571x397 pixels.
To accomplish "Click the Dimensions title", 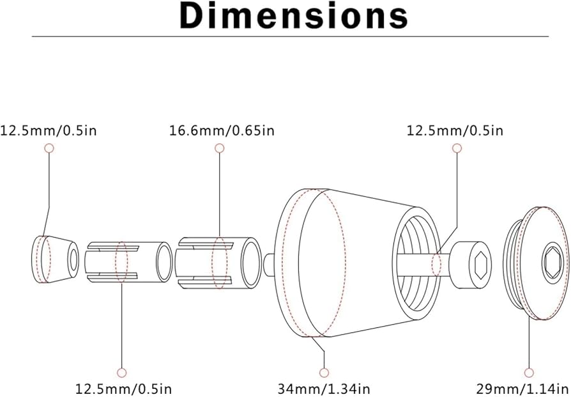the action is pyautogui.click(x=294, y=17).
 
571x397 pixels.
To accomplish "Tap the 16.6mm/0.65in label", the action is pyautogui.click(x=222, y=130).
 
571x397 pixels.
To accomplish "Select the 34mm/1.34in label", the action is pyautogui.click(x=324, y=389).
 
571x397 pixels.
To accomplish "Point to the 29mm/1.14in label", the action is pyautogui.click(x=523, y=389).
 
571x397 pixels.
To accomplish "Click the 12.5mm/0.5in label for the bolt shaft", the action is pyautogui.click(x=455, y=130).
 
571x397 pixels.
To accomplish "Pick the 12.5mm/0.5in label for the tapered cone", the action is pyautogui.click(x=49, y=130).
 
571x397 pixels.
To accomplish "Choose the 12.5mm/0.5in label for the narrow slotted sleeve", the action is pyautogui.click(x=123, y=389).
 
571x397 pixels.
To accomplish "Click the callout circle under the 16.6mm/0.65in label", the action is pyautogui.click(x=220, y=148).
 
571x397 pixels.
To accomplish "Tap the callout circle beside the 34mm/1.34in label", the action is pyautogui.click(x=324, y=373).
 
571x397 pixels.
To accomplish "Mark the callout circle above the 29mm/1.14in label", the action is pyautogui.click(x=529, y=373).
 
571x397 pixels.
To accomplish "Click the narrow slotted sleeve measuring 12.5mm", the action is pyautogui.click(x=128, y=261).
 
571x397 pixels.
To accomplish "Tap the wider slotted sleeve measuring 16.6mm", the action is pyautogui.click(x=218, y=263).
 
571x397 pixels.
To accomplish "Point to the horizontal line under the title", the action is pyautogui.click(x=290, y=36).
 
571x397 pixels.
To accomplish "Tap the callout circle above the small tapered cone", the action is pyautogui.click(x=49, y=148).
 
